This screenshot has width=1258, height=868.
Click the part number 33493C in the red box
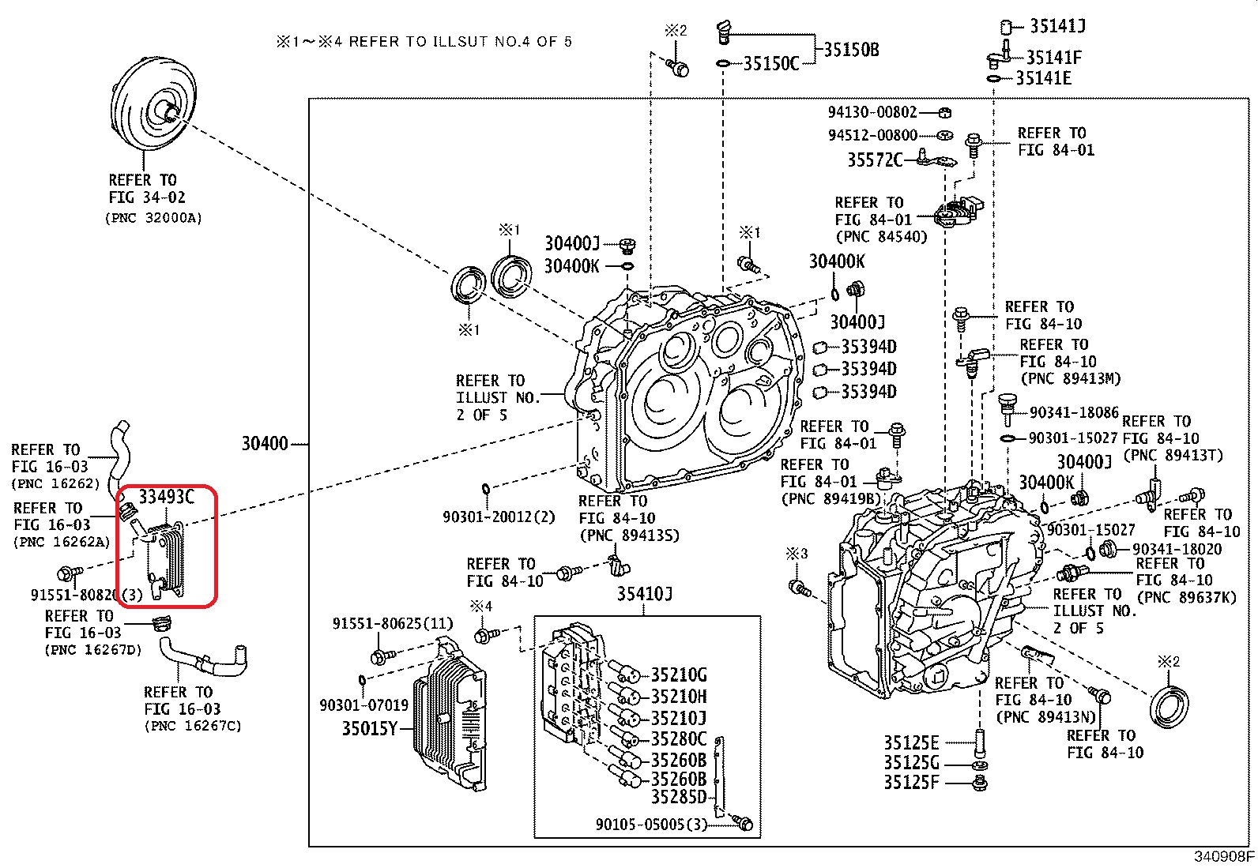coord(166,497)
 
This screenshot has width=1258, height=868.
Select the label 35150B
coord(851,50)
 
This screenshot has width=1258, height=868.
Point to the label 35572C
coord(874,160)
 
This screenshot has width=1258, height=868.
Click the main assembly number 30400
coord(264,444)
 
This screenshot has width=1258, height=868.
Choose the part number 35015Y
coord(369,728)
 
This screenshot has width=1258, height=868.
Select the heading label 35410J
coord(644,594)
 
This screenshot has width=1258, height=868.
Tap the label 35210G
coord(678,675)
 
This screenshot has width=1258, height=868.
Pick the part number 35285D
coord(678,797)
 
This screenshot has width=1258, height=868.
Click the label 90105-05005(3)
coord(651,825)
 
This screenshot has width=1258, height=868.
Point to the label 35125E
coord(911,743)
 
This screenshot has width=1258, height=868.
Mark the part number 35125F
coord(911,783)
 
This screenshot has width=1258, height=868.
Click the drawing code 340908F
coord(1222,856)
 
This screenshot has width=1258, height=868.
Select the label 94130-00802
coord(872,112)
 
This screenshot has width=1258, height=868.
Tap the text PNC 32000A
coord(153,218)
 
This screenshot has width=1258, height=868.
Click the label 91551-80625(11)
coord(393,624)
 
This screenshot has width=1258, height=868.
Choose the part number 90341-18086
coord(1074,412)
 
